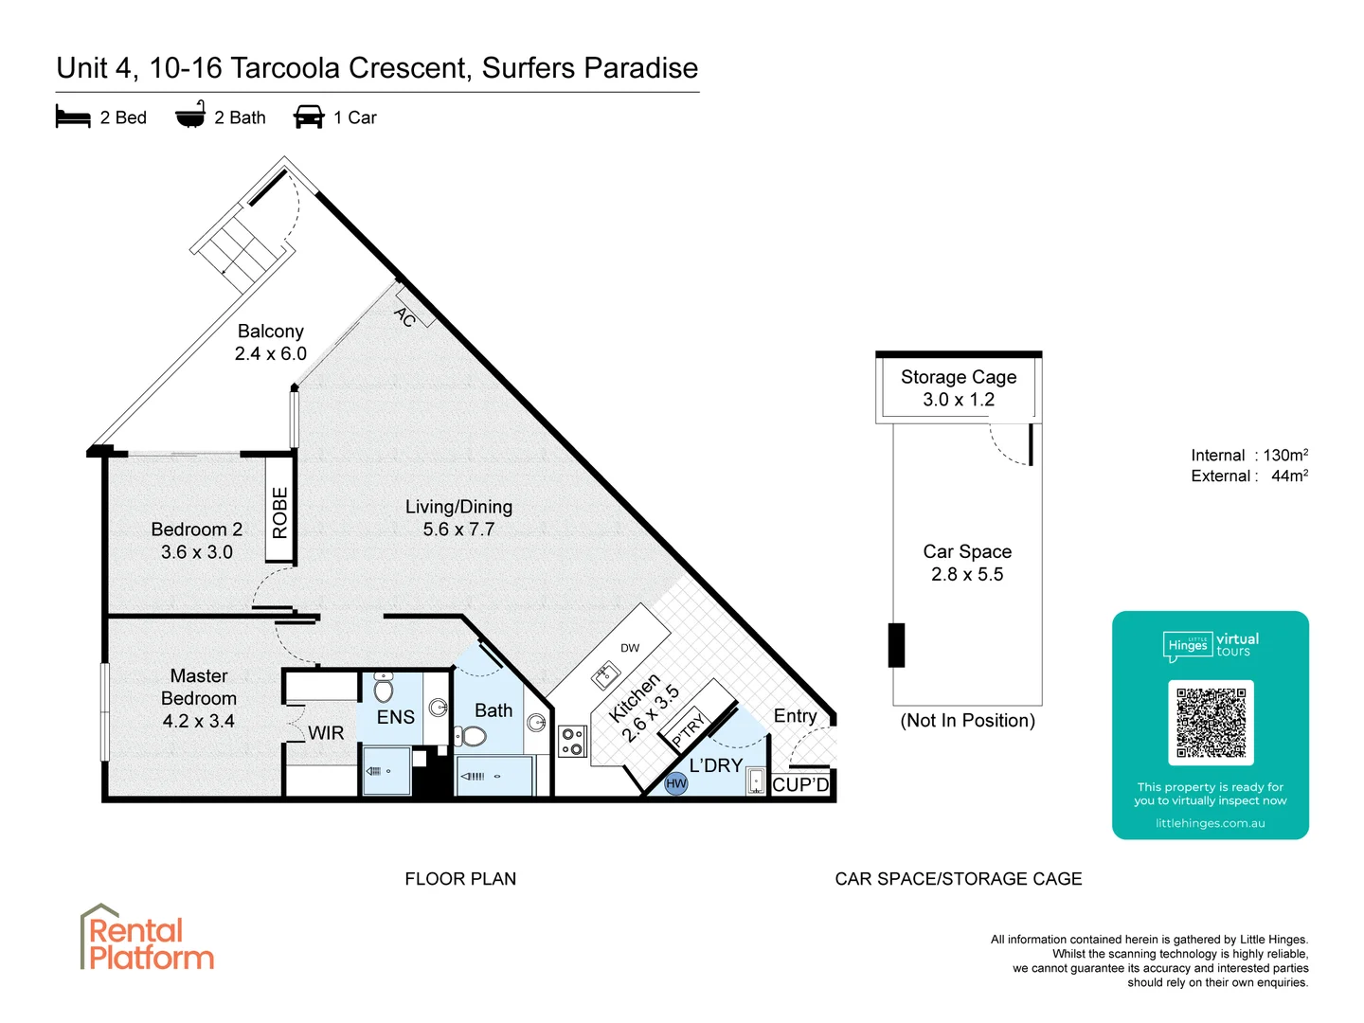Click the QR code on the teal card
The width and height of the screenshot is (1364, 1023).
[x=1211, y=722]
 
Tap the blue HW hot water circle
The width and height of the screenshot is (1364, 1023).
[x=675, y=783]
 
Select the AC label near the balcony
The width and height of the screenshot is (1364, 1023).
[x=405, y=317]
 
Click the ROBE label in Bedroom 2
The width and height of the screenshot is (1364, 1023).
[x=279, y=512]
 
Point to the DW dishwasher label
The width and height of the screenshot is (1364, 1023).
[x=630, y=648]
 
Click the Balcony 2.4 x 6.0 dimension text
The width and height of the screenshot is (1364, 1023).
[x=271, y=353]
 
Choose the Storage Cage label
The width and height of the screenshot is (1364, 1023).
[x=959, y=377]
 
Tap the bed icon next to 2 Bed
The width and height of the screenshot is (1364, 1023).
[x=73, y=117]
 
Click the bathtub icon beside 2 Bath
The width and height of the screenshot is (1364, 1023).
[x=190, y=116]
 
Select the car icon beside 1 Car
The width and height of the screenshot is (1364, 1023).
[x=309, y=117]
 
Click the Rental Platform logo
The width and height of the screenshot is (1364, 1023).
[x=147, y=939]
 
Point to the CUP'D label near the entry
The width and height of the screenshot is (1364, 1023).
[x=800, y=784]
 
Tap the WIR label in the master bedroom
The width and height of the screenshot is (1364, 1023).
[x=326, y=733]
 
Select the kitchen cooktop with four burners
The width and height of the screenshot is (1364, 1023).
[x=572, y=742]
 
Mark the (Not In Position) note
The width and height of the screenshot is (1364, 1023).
[x=967, y=721]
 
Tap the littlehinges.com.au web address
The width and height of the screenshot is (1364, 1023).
[x=1210, y=823]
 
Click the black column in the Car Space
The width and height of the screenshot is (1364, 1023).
[x=896, y=645]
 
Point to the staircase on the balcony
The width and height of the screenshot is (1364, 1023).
[x=242, y=245]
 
